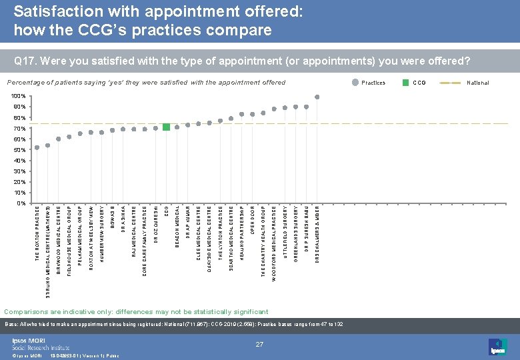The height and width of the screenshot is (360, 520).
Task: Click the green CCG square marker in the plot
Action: tap(166, 127)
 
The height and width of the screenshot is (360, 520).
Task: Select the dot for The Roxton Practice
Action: tap(37, 147)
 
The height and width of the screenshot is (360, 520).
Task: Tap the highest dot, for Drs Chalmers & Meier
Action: tap(317, 97)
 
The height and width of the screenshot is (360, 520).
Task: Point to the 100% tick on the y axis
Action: tap(20, 97)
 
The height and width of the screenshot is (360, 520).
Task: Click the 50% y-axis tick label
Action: tap(20, 150)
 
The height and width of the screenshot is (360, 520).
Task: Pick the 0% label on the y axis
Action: tap(21, 203)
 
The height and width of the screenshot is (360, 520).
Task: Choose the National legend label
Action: tap(478, 83)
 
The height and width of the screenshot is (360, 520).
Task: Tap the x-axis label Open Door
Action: tap(252, 221)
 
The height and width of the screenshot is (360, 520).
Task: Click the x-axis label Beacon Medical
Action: tap(177, 227)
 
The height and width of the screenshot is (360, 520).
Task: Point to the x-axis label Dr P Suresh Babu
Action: tap(306, 230)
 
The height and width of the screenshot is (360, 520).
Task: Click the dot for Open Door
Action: tap(253, 114)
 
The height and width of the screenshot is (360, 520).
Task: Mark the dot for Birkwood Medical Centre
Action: tap(59, 139)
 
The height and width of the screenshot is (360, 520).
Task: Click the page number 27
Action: tap(260, 343)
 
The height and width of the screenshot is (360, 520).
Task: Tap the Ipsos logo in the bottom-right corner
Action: tap(497, 346)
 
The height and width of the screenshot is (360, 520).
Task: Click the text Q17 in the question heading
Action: tap(23, 61)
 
